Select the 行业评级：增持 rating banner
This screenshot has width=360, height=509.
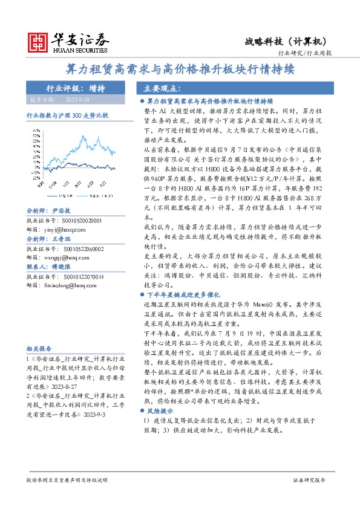76,88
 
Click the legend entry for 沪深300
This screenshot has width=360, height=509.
83,196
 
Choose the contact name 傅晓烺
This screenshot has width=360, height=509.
62,265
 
